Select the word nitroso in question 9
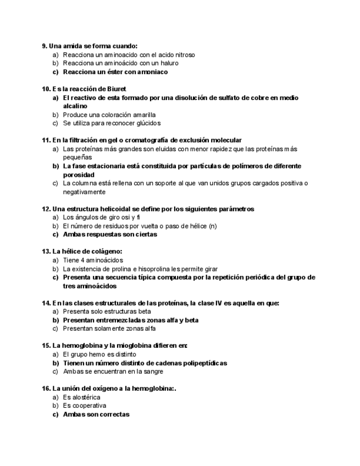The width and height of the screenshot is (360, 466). click(x=184, y=55)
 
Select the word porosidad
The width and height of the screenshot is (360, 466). click(x=79, y=175)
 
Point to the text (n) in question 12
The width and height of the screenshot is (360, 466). click(x=213, y=226)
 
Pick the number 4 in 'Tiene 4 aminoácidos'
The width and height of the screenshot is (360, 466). click(x=81, y=260)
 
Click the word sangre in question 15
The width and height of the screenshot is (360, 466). click(x=153, y=371)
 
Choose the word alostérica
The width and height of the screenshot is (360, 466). click(x=87, y=397)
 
